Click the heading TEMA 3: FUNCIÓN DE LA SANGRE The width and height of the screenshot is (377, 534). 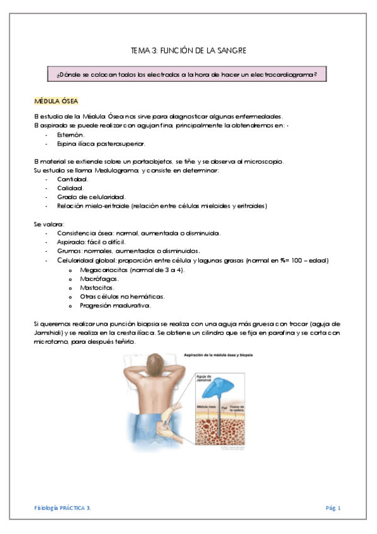188,50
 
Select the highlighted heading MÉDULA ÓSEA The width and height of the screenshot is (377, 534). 55,100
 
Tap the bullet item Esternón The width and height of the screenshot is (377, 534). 71,135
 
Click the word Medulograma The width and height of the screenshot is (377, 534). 116,171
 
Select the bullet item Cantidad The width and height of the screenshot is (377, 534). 72,179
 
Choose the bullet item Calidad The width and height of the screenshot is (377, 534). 70,188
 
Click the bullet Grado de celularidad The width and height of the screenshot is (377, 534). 90,197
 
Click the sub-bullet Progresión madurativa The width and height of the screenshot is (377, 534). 115,305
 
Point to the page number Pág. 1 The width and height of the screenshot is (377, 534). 333,508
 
